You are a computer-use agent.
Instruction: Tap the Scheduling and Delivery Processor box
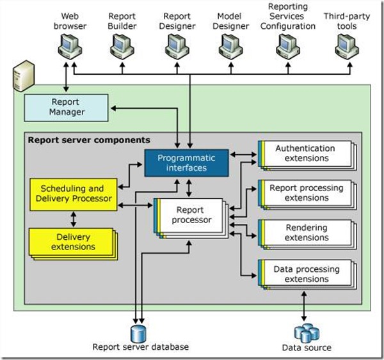click(74, 193)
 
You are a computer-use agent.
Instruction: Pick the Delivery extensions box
click(70, 242)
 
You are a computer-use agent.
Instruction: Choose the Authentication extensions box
click(306, 153)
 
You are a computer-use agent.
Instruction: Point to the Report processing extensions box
click(306, 193)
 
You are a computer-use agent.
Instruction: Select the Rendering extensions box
click(306, 232)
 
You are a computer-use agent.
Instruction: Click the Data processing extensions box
click(306, 274)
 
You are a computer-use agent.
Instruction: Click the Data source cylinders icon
click(306, 333)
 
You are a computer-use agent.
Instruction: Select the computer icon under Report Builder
click(122, 45)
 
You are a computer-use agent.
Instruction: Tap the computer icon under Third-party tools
click(345, 45)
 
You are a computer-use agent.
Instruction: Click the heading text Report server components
click(88, 139)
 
